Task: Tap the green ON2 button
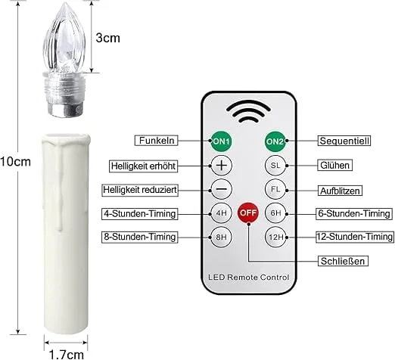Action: tap(275, 141)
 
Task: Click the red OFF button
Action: tap(248, 213)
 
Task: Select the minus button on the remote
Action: tap(221, 189)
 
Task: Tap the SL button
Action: tap(275, 166)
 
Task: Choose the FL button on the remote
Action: tap(275, 189)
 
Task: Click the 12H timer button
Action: tap(275, 237)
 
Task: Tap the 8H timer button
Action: tap(221, 237)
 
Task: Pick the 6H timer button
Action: tap(275, 213)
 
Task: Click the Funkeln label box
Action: tap(156, 141)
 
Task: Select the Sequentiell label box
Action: tap(344, 141)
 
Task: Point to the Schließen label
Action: tap(343, 261)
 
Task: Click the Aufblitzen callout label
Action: tap(340, 191)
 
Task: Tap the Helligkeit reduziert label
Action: tap(140, 190)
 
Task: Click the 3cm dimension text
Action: tap(107, 38)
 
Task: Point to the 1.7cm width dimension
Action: tap(66, 355)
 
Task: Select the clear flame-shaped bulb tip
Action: tap(64, 38)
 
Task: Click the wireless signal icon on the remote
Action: tap(248, 111)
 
